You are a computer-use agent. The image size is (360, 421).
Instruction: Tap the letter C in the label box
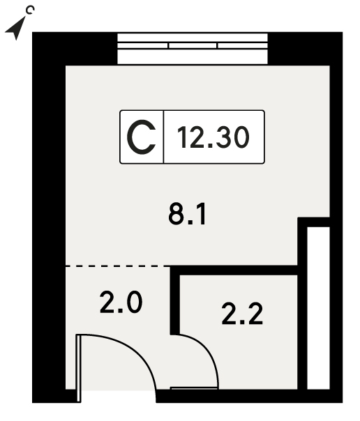(x=142, y=137)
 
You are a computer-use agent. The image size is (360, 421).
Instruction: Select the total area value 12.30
(x=213, y=137)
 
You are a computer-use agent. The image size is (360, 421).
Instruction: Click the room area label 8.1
(x=188, y=214)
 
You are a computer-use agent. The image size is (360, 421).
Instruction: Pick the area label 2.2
(x=242, y=314)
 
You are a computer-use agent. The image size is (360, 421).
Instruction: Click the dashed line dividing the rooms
(x=118, y=266)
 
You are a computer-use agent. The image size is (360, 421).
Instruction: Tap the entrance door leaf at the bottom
(x=79, y=368)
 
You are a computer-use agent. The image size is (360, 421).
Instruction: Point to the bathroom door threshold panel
(x=194, y=388)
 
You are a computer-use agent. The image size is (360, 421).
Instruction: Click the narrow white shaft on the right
(x=318, y=308)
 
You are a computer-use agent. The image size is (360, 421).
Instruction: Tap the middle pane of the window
(x=193, y=45)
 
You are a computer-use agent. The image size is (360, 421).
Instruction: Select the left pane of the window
(x=142, y=45)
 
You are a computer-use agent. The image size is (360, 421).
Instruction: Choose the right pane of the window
(x=243, y=45)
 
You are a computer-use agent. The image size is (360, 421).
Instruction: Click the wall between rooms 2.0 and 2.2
(x=175, y=300)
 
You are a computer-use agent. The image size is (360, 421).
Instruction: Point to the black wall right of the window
(x=305, y=49)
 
